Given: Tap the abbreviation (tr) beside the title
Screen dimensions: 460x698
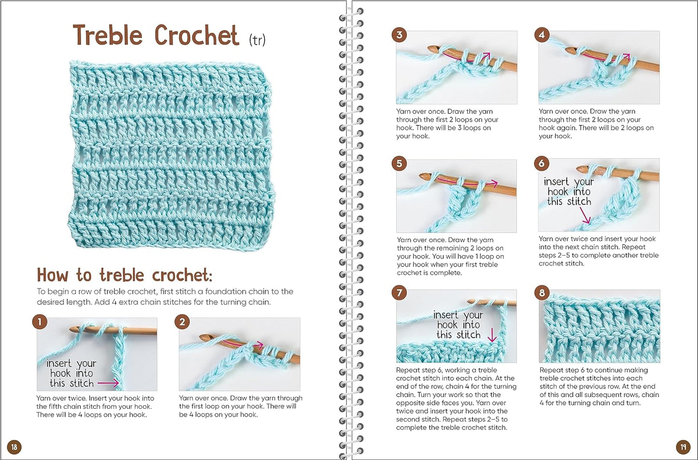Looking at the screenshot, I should tap(257, 40).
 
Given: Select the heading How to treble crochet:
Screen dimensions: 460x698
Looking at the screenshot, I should tap(125, 275).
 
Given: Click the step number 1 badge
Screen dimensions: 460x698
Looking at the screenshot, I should tap(40, 322).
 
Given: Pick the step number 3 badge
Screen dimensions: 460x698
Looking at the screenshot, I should tap(399, 35).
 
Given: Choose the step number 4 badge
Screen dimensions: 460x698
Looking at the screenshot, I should tap(542, 35).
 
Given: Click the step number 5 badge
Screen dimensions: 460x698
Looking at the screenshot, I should tap(399, 163).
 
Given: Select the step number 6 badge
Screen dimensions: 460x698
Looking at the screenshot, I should tap(541, 163).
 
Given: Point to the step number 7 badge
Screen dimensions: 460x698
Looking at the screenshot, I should tap(399, 293).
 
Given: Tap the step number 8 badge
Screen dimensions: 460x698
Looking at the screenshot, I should tap(542, 293).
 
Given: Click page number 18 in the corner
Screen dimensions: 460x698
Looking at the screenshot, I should tap(14, 447).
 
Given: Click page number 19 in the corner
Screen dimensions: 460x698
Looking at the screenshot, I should tap(683, 447).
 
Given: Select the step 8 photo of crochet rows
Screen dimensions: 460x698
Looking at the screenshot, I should tap(599, 326).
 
